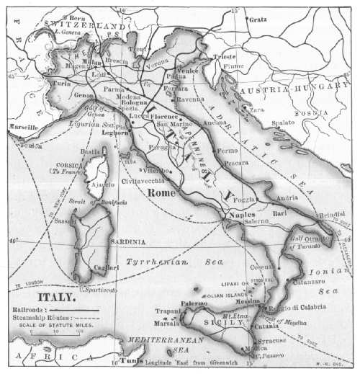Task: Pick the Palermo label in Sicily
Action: (x=194, y=304)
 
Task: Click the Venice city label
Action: (x=189, y=70)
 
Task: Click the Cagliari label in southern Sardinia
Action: (x=107, y=267)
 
